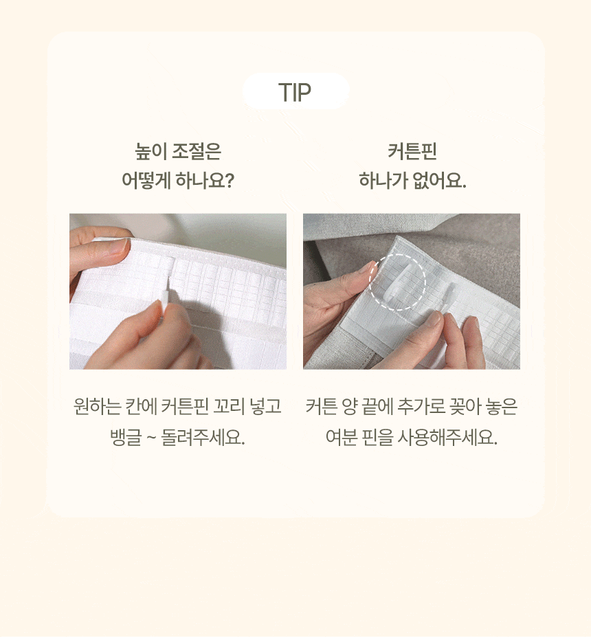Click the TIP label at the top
coord(295,92)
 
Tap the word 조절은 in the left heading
coord(197,152)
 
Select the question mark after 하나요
coord(229,180)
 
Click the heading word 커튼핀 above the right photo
coord(412,152)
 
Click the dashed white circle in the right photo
coord(398,282)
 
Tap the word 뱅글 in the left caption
coord(126,437)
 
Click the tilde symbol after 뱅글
coord(150,438)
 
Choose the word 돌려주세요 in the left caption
coord(203,437)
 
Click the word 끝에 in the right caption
coord(377,406)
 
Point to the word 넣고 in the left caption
coord(265,406)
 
